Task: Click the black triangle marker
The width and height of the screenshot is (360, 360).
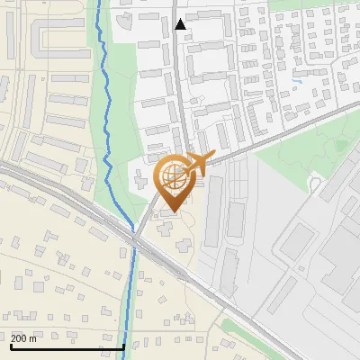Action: point(181,24)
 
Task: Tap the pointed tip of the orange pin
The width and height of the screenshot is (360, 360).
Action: point(173,212)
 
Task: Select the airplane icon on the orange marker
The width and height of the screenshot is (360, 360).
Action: point(200,163)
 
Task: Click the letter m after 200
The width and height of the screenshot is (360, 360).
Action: point(33,338)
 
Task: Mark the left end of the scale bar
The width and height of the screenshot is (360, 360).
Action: point(10,346)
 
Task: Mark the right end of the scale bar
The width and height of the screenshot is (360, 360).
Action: point(123,346)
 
